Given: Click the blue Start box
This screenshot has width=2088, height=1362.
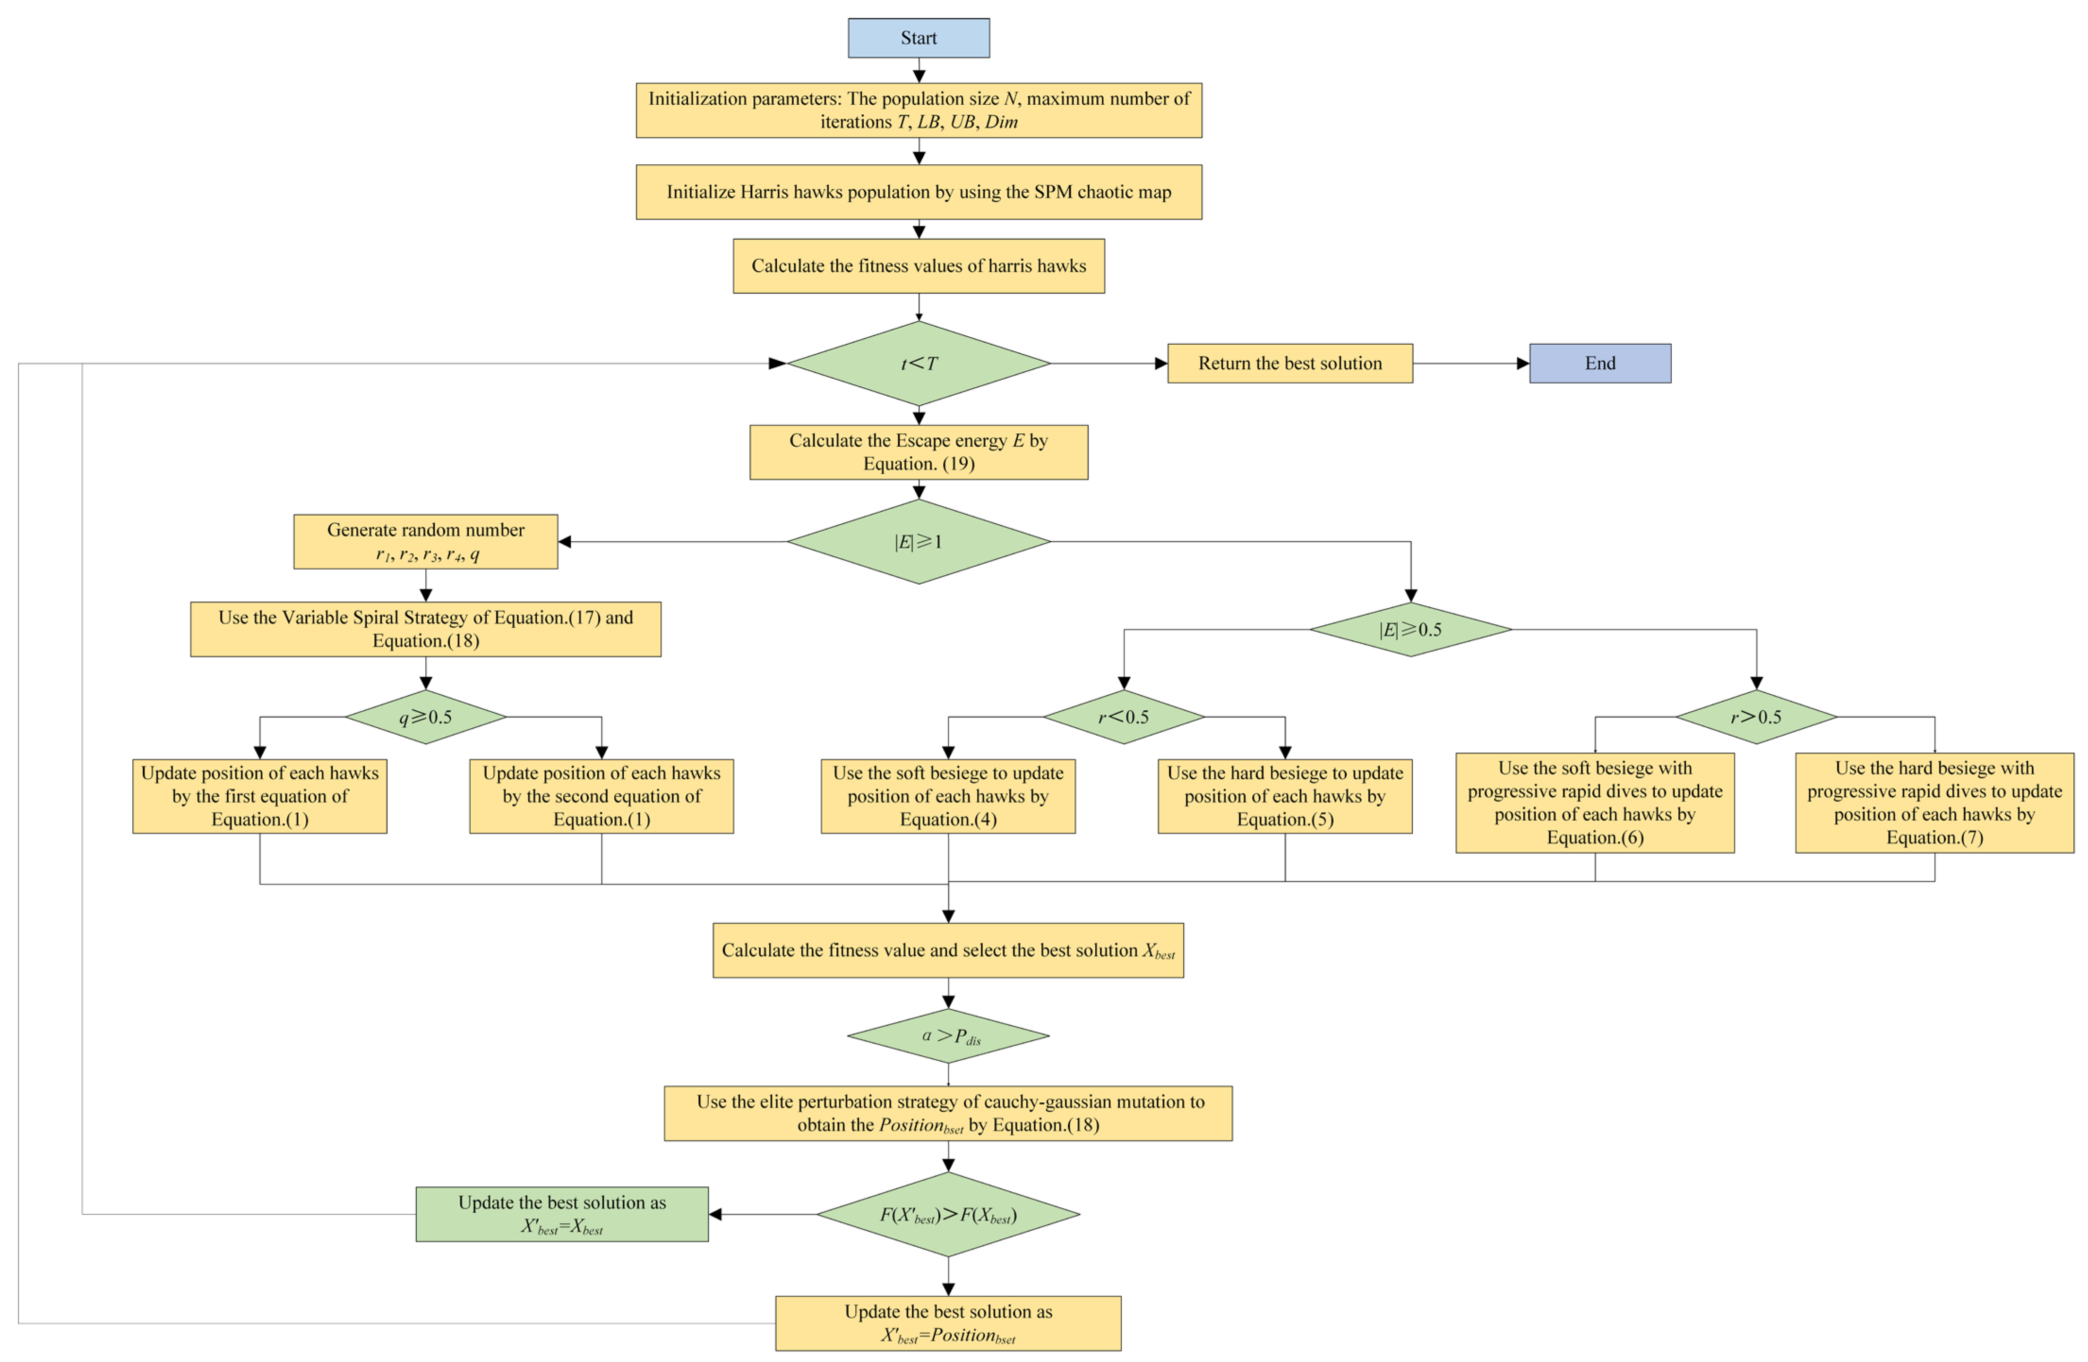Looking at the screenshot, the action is tap(919, 38).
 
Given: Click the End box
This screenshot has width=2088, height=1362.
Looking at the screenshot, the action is tap(1600, 363).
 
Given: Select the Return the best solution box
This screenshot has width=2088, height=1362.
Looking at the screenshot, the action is tap(1289, 363).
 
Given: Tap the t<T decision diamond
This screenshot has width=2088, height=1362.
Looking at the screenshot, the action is tap(919, 363).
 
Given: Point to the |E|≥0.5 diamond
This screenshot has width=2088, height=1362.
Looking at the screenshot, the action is tap(1411, 630).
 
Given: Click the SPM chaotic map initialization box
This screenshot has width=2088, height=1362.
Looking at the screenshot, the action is tap(919, 192).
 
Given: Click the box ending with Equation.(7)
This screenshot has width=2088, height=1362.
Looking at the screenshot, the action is tap(1934, 802).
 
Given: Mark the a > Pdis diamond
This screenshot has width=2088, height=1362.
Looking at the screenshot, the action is tap(948, 1036).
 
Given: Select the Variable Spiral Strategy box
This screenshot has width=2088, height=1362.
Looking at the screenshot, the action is tap(426, 630).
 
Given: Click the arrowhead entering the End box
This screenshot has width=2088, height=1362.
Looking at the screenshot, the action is tap(1523, 363).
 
